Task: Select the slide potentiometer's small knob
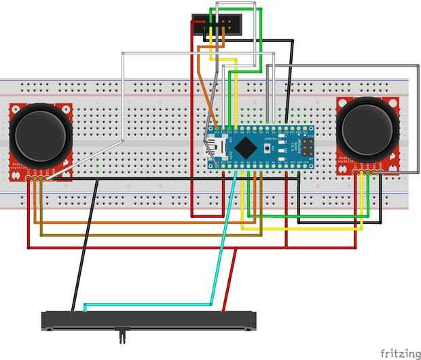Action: click(x=123, y=334)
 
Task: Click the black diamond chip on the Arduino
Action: click(x=249, y=147)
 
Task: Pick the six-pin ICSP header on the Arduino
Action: click(x=306, y=147)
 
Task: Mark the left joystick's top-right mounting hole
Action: click(x=66, y=109)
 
